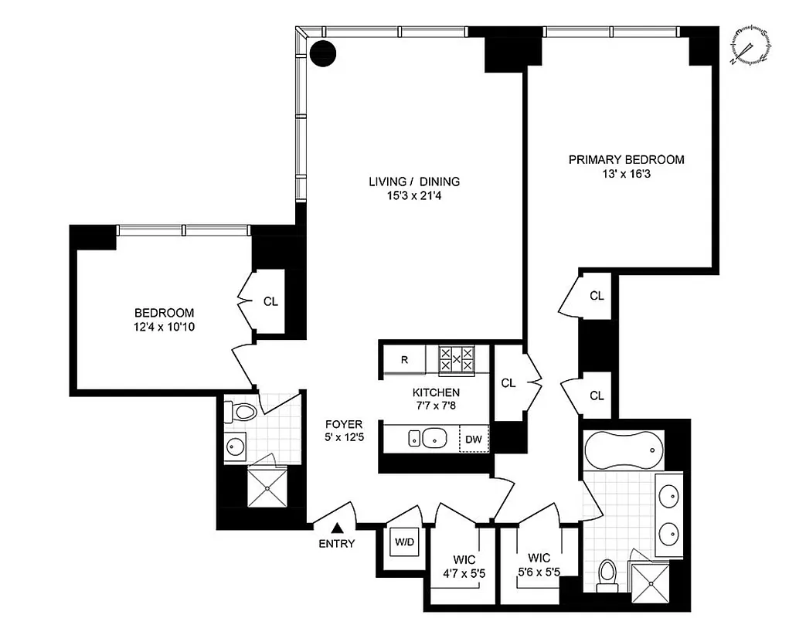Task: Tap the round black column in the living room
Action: point(323,53)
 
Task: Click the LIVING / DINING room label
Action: point(413,182)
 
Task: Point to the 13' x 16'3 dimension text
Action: point(626,174)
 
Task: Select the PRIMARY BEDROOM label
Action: point(626,159)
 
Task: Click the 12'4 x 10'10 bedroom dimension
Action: point(164,328)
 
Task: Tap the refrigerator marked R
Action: point(405,359)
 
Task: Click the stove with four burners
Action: point(456,359)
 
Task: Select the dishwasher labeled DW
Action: point(474,440)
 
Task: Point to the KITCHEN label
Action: point(435,392)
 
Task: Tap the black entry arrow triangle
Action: point(337,528)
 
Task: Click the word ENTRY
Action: point(337,544)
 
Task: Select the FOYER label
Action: point(344,423)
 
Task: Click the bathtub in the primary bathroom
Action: point(623,447)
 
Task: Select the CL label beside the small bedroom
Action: point(270,301)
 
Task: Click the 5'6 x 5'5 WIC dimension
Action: point(539,574)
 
